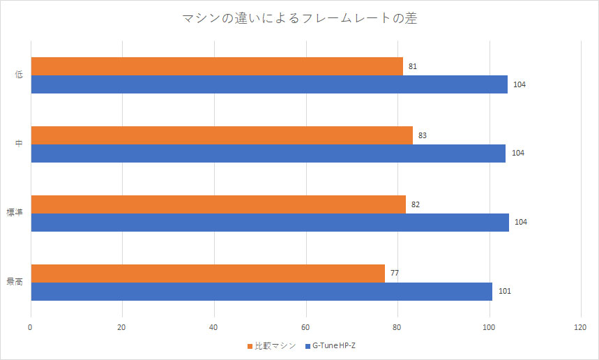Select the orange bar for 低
tap(217, 66)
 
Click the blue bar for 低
tap(269, 84)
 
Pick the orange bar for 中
tap(222, 135)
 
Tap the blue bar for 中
tap(268, 153)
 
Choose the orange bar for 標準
tap(218, 204)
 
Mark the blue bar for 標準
tap(270, 223)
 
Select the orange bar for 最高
tap(208, 273)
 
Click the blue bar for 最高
tap(261, 292)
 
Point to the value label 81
tap(414, 67)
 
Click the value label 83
tap(423, 135)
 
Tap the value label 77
tap(395, 273)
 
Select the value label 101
tap(504, 292)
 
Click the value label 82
tap(416, 204)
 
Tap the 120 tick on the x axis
tap(580, 327)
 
